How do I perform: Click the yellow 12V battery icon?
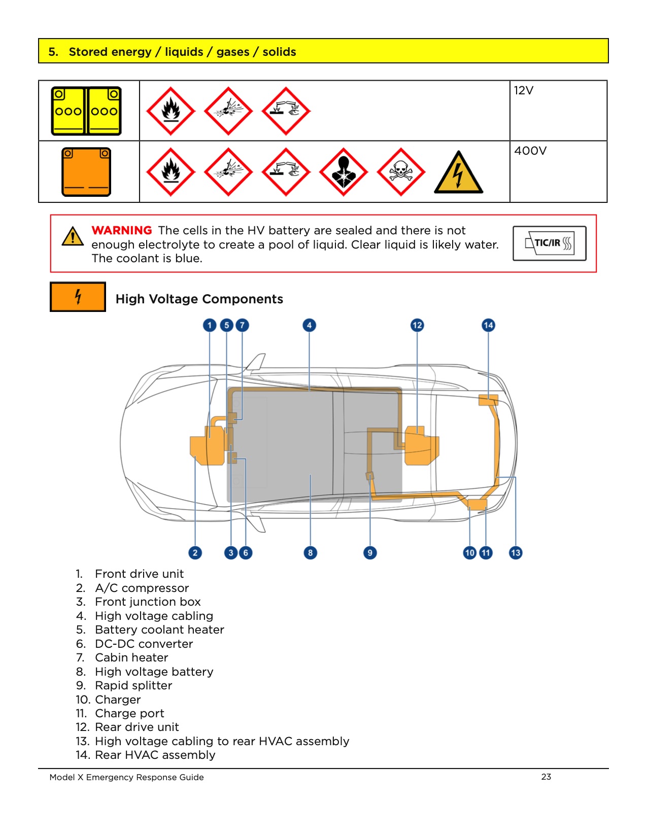pos(86,111)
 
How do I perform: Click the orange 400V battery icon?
pos(86,172)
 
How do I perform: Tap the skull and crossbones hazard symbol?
pos(401,172)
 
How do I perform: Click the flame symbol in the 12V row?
pos(171,111)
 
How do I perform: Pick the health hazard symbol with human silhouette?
pos(344,172)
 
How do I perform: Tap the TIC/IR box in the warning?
pos(549,243)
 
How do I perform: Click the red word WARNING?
pos(122,230)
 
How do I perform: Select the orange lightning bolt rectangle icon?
pos(78,297)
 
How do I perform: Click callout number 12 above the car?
pos(417,325)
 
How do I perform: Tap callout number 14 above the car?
pos(488,325)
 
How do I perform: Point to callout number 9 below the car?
pos(370,553)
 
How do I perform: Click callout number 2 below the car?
pos(195,553)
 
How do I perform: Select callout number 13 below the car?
pos(516,553)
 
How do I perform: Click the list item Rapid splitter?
pos(133,685)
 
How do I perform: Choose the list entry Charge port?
pos(129,713)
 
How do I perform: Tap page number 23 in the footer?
pos(546,777)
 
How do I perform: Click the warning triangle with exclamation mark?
pos(73,236)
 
